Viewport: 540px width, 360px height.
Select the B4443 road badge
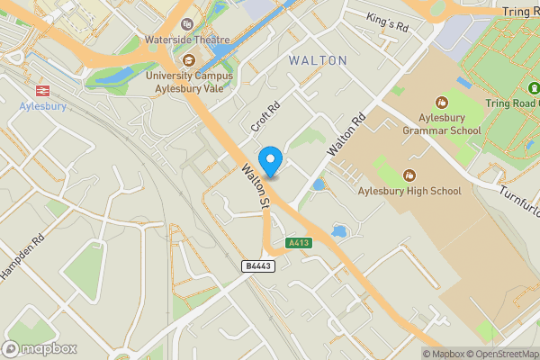[x=258, y=265]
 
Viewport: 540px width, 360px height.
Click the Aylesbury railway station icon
[x=41, y=90]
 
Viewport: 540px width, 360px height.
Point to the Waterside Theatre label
[x=188, y=40]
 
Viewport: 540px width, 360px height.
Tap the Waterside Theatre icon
[x=188, y=24]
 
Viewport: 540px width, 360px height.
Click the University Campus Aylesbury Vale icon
[x=189, y=60]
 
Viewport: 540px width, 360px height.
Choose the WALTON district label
[x=318, y=60]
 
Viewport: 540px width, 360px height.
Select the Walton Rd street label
[x=346, y=133]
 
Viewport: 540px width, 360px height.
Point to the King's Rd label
[x=388, y=23]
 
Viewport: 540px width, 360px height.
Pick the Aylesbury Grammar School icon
[x=442, y=102]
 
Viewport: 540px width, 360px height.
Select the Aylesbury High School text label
[x=409, y=191]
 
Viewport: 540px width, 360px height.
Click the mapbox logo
[x=40, y=348]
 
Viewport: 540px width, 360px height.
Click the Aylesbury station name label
[x=41, y=106]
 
